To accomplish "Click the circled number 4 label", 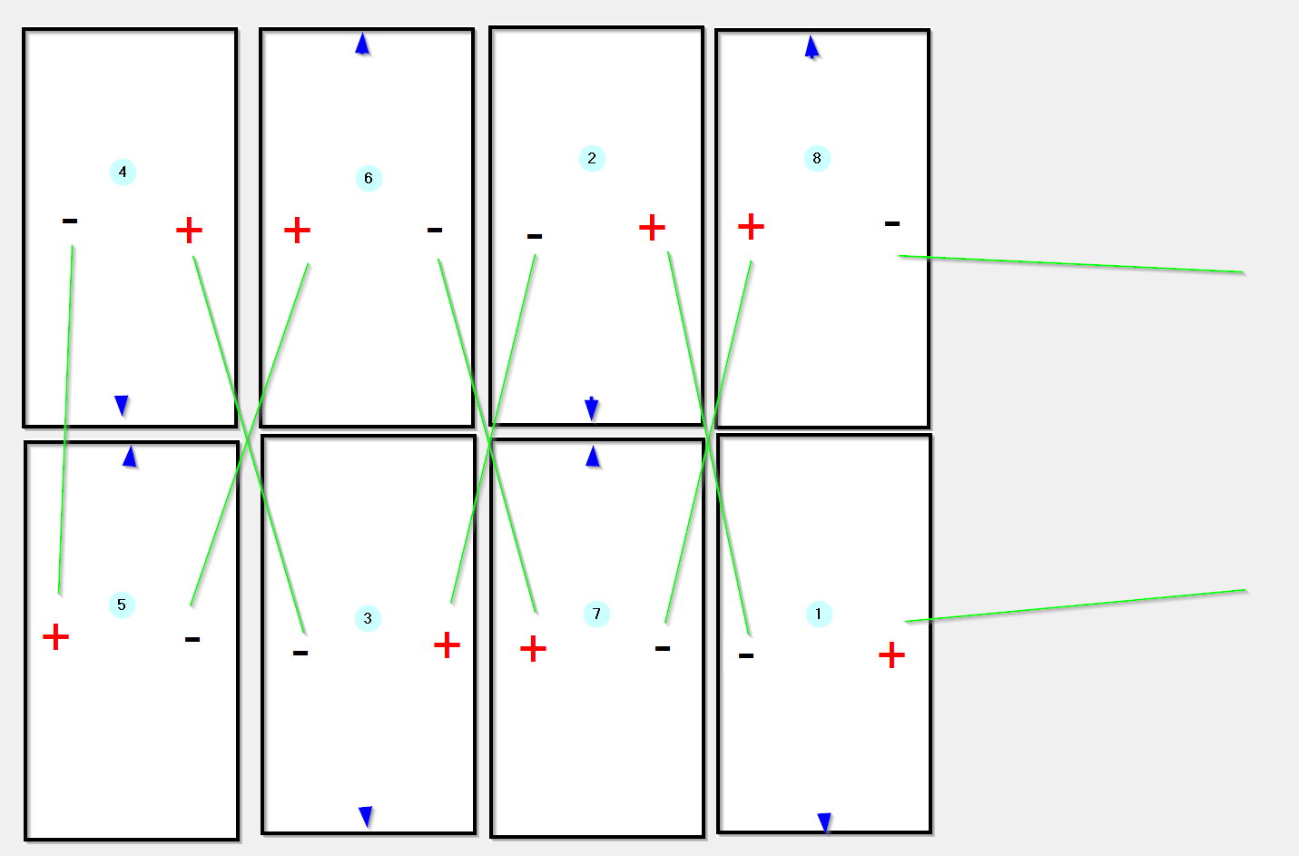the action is (x=123, y=172).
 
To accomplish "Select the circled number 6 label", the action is (x=369, y=178).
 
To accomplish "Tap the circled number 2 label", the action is (x=592, y=158).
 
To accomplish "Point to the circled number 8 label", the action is (x=817, y=158).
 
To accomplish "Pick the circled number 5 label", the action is (x=122, y=605).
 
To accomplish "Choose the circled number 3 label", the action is (x=368, y=618).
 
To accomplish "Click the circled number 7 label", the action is (x=596, y=614).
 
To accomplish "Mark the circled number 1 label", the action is (x=819, y=615).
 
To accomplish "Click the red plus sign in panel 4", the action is (x=189, y=231).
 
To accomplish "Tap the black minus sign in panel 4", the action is (x=70, y=221).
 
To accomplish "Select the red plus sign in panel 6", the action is (x=297, y=231).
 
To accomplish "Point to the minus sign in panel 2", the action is (x=535, y=236).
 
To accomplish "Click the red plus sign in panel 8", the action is (x=751, y=226).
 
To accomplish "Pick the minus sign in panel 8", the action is (x=892, y=223).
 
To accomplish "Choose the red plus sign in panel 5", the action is (x=55, y=637).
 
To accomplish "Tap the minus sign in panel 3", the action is (x=300, y=653).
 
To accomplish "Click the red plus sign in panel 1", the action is (x=892, y=655).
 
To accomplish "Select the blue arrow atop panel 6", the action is (x=362, y=44).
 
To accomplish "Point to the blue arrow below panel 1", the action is (x=824, y=823).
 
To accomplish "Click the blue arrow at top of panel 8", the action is (x=812, y=47).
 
